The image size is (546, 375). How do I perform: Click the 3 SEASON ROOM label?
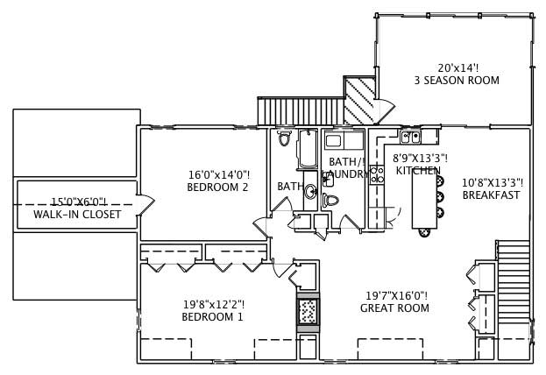457,81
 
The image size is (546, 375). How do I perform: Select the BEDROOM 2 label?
218,187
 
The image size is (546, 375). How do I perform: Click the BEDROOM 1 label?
213,317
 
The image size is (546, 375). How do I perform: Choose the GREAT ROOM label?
394,308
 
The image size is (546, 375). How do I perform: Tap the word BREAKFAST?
491,195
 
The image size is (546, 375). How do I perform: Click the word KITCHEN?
417,170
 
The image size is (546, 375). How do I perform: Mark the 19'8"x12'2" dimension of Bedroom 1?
214,305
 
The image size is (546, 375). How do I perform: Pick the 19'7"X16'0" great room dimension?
394,296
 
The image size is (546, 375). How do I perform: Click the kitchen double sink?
411,137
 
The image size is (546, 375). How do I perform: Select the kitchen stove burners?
378,173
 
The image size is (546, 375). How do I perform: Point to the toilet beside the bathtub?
284,139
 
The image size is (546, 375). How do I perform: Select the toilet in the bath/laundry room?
330,201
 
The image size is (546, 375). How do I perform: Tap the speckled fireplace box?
308,311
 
